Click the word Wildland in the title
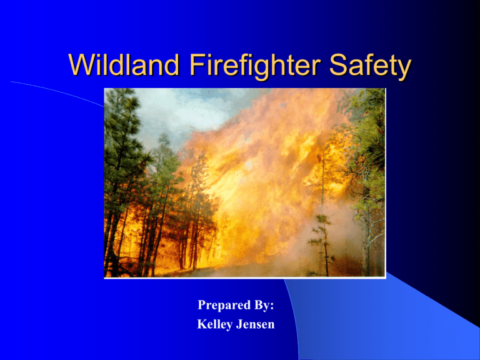(124, 64)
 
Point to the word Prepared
(224, 305)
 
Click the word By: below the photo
(264, 305)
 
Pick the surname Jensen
(255, 324)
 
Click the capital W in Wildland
(81, 64)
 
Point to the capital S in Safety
(337, 64)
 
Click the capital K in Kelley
(202, 324)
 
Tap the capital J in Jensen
(239, 324)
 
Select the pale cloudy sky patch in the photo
(184, 113)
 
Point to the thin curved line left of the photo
(57, 91)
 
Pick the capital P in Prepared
(201, 305)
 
